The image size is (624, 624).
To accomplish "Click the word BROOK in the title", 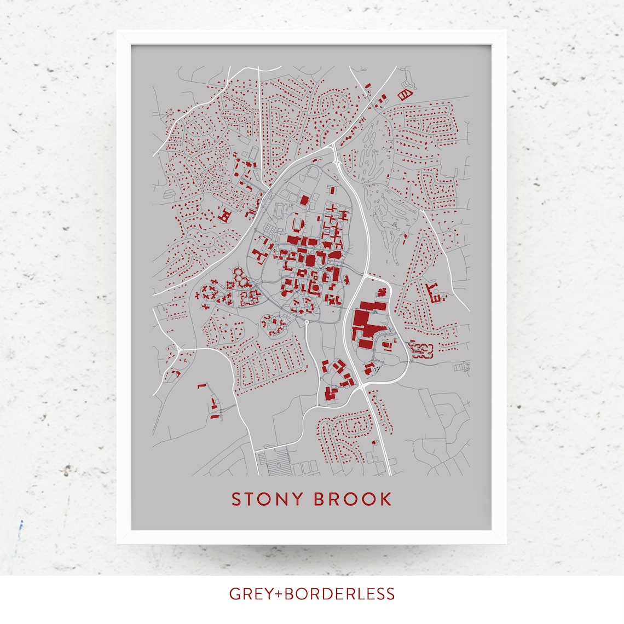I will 353,499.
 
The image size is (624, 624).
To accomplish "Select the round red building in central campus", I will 315,287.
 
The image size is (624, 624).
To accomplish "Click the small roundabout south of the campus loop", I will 307,323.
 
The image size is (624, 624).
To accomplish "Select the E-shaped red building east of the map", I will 435,293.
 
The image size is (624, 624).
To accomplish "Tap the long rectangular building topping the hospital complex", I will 373,305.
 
